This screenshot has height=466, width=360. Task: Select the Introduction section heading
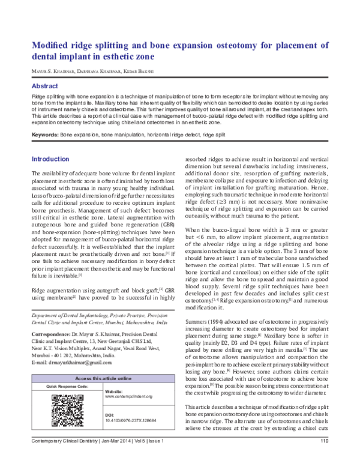tap(50, 159)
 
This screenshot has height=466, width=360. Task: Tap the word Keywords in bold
tap(44, 136)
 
